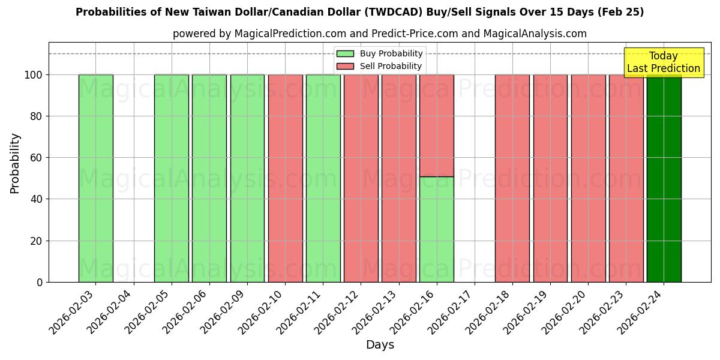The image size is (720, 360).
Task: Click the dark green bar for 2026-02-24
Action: [x=664, y=180]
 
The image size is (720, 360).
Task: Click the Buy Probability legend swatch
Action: [x=345, y=54]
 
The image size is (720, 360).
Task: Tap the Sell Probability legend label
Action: [x=391, y=66]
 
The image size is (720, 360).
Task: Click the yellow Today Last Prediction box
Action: [x=663, y=62]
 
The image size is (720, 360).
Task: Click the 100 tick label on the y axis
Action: [x=33, y=75]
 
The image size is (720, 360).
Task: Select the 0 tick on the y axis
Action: [x=40, y=282]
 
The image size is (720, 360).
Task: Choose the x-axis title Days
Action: [x=380, y=345]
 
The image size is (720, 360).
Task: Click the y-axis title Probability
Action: [x=15, y=163]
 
